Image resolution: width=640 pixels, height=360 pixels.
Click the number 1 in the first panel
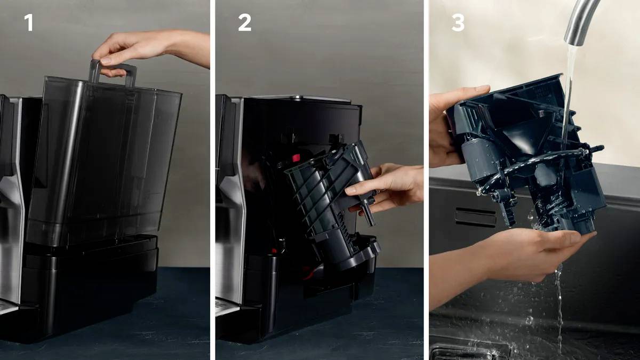[29, 22]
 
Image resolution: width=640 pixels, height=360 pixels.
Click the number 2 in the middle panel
[245, 22]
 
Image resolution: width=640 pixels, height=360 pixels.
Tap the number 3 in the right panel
[458, 22]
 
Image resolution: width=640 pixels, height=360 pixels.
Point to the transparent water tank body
[103, 163]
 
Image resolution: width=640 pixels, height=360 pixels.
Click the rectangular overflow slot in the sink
[475, 218]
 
